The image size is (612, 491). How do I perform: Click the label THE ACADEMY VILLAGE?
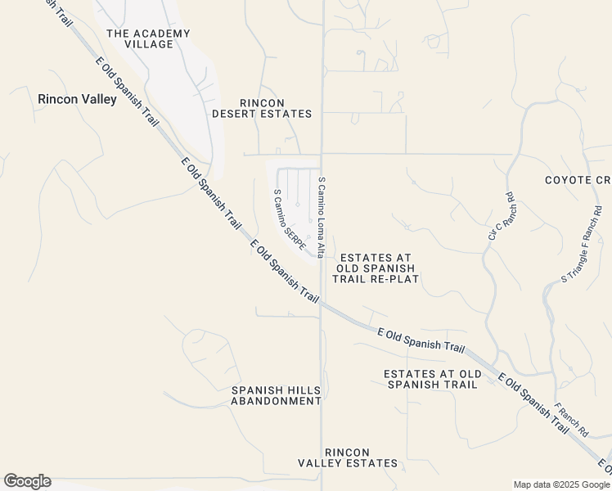click(x=148, y=38)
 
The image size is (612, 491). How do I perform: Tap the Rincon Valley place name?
click(x=69, y=99)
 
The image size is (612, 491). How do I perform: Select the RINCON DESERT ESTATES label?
click(x=262, y=108)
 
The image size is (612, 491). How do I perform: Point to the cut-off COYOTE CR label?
click(x=578, y=180)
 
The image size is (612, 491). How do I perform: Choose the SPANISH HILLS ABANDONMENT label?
click(x=276, y=395)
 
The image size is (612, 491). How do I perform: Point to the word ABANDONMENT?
click(x=276, y=401)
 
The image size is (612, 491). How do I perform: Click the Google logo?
click(x=27, y=481)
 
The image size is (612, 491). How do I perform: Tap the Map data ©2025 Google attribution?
click(x=562, y=484)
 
